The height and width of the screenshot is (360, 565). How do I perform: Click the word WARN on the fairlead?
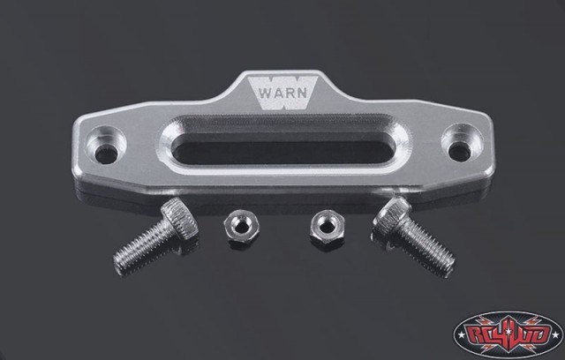(x=282, y=93)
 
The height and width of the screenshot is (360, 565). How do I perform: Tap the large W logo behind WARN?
(x=282, y=93)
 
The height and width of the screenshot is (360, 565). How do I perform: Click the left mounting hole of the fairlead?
(x=106, y=154)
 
